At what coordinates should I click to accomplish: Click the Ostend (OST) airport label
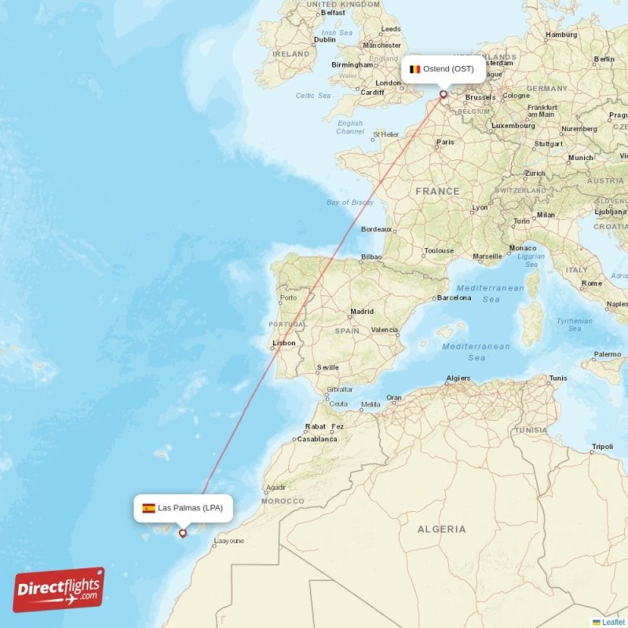pyautogui.click(x=448, y=69)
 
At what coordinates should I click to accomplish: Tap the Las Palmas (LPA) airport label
pyautogui.click(x=190, y=508)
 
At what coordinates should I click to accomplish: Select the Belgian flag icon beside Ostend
pyautogui.click(x=415, y=69)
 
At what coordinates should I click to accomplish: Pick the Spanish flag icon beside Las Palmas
pyautogui.click(x=148, y=508)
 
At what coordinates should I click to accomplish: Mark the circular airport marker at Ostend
pyautogui.click(x=443, y=94)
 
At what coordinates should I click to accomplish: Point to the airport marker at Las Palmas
pyautogui.click(x=183, y=533)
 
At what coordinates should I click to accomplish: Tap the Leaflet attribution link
pyautogui.click(x=613, y=622)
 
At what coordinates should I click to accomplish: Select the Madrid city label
pyautogui.click(x=362, y=312)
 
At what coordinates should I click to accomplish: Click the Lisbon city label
pyautogui.click(x=284, y=343)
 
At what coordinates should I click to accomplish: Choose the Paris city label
pyautogui.click(x=446, y=142)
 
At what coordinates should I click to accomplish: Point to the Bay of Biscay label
pyautogui.click(x=350, y=203)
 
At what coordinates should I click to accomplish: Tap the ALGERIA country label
pyautogui.click(x=441, y=530)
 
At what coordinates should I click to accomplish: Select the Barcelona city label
pyautogui.click(x=455, y=298)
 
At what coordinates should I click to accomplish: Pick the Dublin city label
pyautogui.click(x=324, y=40)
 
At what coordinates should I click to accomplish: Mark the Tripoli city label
pyautogui.click(x=602, y=447)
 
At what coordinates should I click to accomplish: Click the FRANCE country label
pyautogui.click(x=438, y=192)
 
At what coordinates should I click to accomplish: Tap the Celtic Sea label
pyautogui.click(x=313, y=96)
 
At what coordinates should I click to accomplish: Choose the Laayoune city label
pyautogui.click(x=229, y=541)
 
